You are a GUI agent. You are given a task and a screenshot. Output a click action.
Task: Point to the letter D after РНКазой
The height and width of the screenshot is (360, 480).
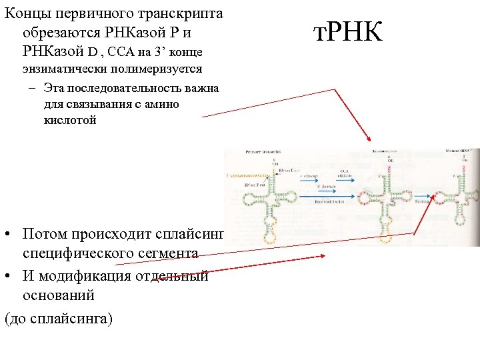pyautogui.click(x=93, y=51)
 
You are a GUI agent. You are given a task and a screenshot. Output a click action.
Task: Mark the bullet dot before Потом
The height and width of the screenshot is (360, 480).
pyautogui.click(x=8, y=235)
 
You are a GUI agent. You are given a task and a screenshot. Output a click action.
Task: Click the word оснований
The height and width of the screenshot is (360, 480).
pyautogui.click(x=59, y=295)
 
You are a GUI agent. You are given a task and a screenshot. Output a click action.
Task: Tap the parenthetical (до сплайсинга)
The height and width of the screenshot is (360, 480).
pyautogui.click(x=59, y=319)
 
